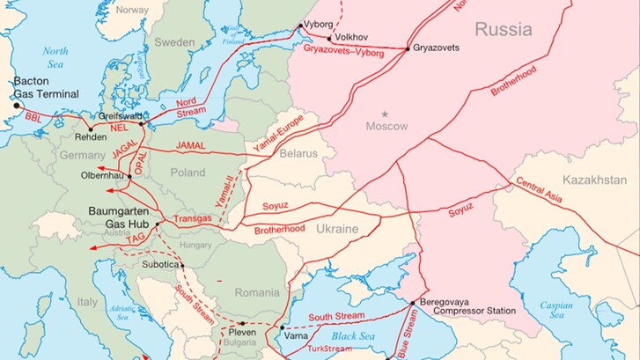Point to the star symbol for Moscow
pos(384,114)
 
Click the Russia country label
pos(503,30)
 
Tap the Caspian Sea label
pos(555,310)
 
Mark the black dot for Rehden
pos(89,129)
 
